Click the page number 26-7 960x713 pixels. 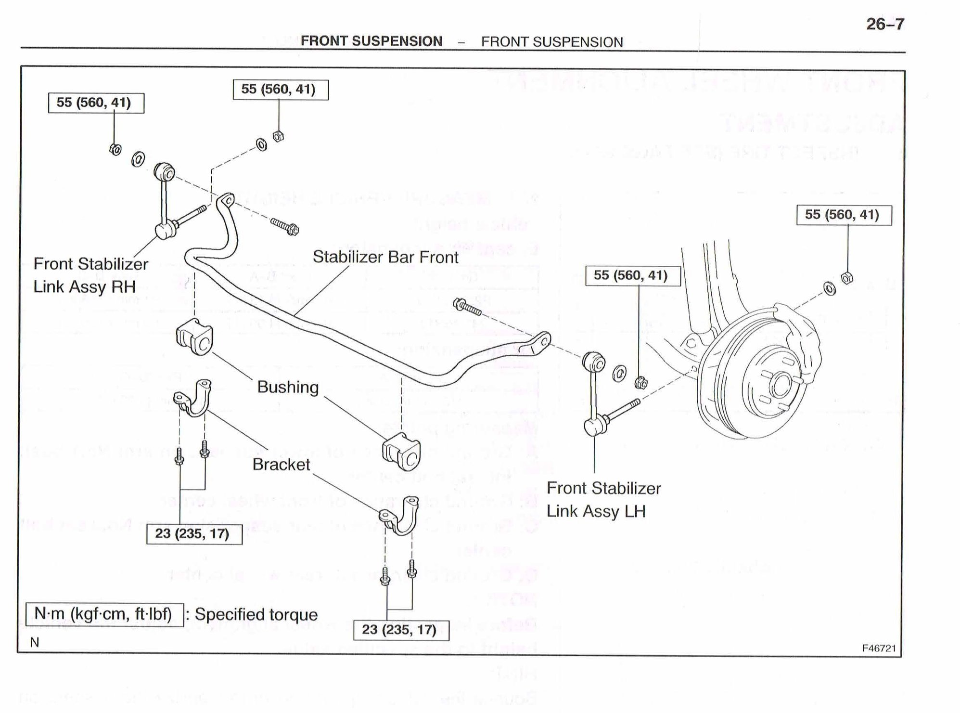click(x=885, y=24)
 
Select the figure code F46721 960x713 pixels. click(x=879, y=648)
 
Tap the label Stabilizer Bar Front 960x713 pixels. click(x=385, y=257)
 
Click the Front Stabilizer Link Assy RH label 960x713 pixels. click(x=90, y=275)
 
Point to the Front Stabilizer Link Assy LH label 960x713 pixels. click(x=603, y=499)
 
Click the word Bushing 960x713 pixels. click(x=288, y=387)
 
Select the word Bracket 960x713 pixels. click(x=282, y=465)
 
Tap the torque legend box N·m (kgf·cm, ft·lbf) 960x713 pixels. click(x=104, y=615)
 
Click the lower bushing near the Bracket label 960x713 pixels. click(x=401, y=451)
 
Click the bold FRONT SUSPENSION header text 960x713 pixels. click(x=371, y=41)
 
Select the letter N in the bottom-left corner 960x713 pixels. click(x=35, y=642)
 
